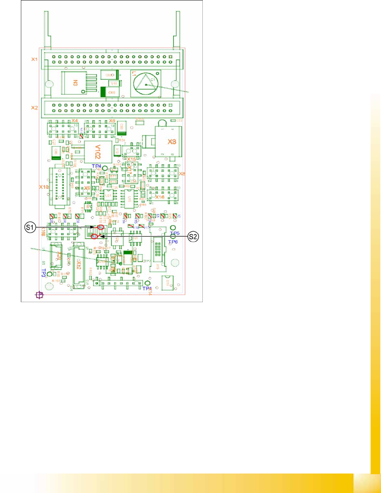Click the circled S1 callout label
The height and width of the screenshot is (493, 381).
click(30, 228)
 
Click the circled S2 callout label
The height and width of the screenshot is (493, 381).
click(193, 237)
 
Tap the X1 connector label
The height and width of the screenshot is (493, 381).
click(34, 59)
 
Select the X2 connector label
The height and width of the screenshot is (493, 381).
click(34, 108)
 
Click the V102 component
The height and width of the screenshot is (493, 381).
click(98, 152)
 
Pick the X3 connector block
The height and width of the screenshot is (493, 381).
click(168, 141)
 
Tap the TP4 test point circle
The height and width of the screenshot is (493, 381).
click(105, 168)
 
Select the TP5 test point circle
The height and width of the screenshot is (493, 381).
click(173, 228)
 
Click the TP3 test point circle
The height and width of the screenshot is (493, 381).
click(49, 275)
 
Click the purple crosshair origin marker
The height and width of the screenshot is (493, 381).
click(40, 295)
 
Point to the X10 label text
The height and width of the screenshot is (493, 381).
click(44, 187)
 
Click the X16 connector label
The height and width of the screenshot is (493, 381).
click(160, 197)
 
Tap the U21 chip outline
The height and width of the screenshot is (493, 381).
click(108, 195)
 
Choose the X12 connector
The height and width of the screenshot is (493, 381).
click(79, 268)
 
